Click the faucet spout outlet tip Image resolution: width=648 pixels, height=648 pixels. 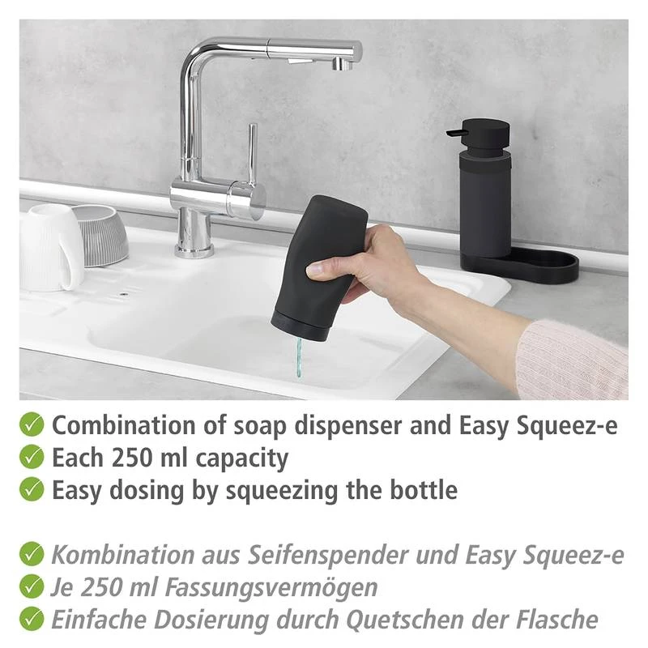click(x=343, y=64)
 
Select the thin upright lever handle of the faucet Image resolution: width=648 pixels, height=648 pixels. click(x=253, y=152)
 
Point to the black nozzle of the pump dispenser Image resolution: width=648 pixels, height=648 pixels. click(x=456, y=133)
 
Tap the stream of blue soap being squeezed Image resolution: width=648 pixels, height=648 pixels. click(x=298, y=357)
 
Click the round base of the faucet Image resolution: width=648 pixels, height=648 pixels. click(x=194, y=250)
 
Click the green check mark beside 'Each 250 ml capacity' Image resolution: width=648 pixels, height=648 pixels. click(x=32, y=457)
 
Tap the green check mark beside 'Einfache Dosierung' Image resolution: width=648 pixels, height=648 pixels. click(x=32, y=619)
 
